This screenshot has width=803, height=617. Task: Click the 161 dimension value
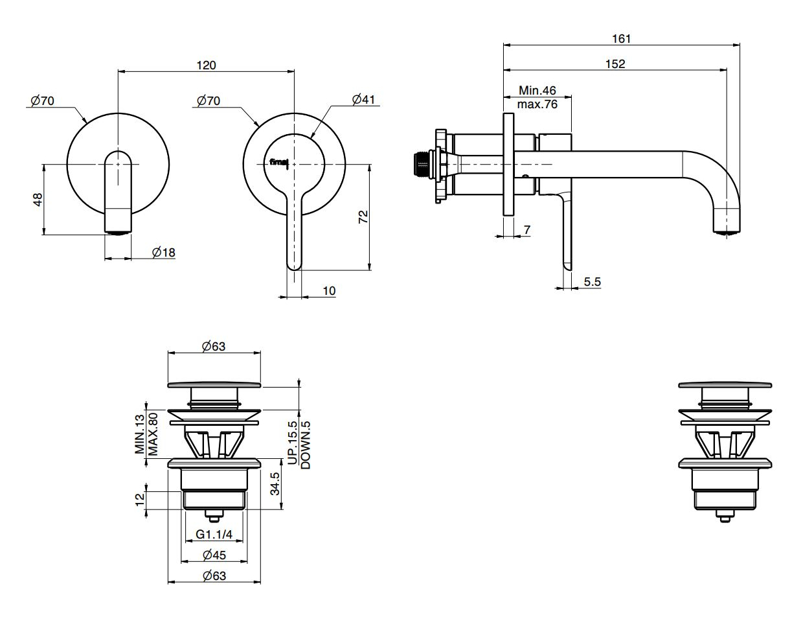[x=621, y=39]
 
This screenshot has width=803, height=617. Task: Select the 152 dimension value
[x=615, y=64]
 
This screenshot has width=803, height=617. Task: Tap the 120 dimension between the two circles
[x=207, y=65]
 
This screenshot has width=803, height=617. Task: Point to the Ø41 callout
[x=363, y=99]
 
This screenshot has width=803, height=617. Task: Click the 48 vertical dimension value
[x=38, y=199]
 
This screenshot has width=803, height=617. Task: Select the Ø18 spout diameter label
[x=164, y=252]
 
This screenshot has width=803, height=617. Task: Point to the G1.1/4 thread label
[x=214, y=535]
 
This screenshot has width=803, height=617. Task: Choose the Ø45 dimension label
[x=214, y=555]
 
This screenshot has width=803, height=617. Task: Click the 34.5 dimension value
[x=276, y=483]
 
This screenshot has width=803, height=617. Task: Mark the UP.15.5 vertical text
[x=292, y=443]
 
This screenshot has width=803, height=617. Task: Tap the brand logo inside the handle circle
[x=279, y=162]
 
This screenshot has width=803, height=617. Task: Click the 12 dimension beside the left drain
[x=138, y=500]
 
